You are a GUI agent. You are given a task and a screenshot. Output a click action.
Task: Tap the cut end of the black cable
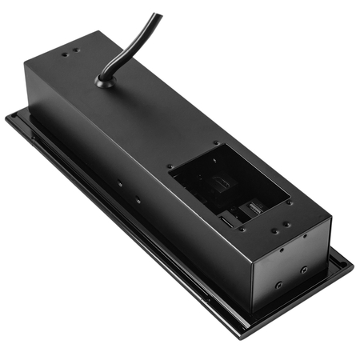[x=157, y=16]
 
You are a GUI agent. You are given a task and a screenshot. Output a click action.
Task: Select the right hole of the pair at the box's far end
[x=78, y=51]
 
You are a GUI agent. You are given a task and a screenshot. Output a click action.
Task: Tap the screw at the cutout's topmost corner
[x=215, y=144]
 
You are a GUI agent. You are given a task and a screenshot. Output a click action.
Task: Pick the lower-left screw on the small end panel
[x=278, y=284]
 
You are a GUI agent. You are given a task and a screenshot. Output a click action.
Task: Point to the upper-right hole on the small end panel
[x=304, y=235]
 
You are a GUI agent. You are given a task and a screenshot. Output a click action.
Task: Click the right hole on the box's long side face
[x=138, y=199]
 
